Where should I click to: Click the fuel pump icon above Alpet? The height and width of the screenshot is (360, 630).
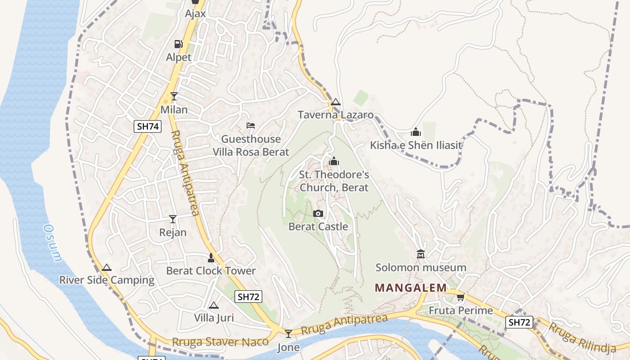point(179,44)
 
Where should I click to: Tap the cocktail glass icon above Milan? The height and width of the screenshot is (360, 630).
point(174,96)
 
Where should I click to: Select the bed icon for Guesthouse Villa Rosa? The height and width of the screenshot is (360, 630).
point(251,126)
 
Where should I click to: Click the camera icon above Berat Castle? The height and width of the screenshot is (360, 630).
point(318,213)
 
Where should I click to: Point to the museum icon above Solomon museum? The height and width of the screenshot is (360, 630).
point(421,254)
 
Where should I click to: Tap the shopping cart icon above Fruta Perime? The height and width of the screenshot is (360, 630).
point(460,297)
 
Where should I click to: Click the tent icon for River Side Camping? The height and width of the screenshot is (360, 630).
point(107,267)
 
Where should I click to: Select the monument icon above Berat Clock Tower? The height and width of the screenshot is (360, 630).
point(211,258)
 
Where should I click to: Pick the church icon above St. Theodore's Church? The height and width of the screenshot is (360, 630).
point(334,161)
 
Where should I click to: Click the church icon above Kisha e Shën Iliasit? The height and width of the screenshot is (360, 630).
point(416,132)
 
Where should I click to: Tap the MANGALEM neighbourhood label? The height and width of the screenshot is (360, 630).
point(411,288)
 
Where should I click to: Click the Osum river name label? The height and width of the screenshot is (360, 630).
point(52,243)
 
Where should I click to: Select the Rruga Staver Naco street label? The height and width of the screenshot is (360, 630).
point(220,342)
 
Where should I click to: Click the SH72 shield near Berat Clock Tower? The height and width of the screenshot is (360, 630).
point(248,297)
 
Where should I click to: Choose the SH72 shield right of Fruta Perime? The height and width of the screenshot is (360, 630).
point(519,322)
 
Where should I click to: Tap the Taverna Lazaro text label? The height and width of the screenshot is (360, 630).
point(336,115)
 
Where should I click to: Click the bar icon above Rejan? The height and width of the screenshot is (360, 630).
point(173,219)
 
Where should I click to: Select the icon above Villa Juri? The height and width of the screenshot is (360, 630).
point(214,305)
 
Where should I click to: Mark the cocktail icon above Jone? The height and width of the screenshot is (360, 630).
point(288,333)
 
